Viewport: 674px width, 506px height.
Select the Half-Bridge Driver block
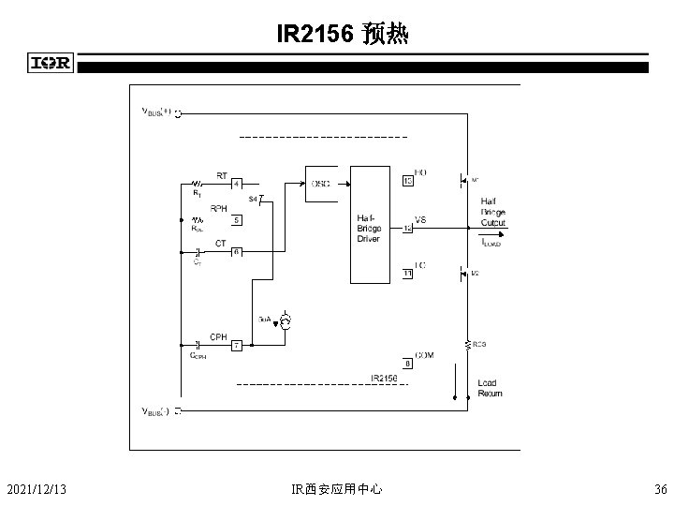tap(369, 225)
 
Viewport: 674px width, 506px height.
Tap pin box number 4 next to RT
tap(238, 184)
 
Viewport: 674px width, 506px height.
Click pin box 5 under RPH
tap(238, 220)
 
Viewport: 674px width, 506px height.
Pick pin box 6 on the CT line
tap(238, 252)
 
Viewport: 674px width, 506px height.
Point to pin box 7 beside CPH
tap(238, 345)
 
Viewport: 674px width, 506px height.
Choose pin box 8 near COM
tap(407, 363)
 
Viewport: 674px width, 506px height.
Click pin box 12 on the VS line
tap(407, 227)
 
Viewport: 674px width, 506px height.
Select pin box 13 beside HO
tap(407, 180)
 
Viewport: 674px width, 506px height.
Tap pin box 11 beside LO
tap(407, 274)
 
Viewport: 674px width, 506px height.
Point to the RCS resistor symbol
tap(465, 345)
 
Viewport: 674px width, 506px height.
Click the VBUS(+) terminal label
tap(156, 112)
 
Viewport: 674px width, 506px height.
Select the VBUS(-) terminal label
tap(156, 411)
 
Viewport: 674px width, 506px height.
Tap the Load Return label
tap(490, 388)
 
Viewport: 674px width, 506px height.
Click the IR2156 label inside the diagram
tap(384, 378)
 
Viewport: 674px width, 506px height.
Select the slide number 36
tap(661, 488)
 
